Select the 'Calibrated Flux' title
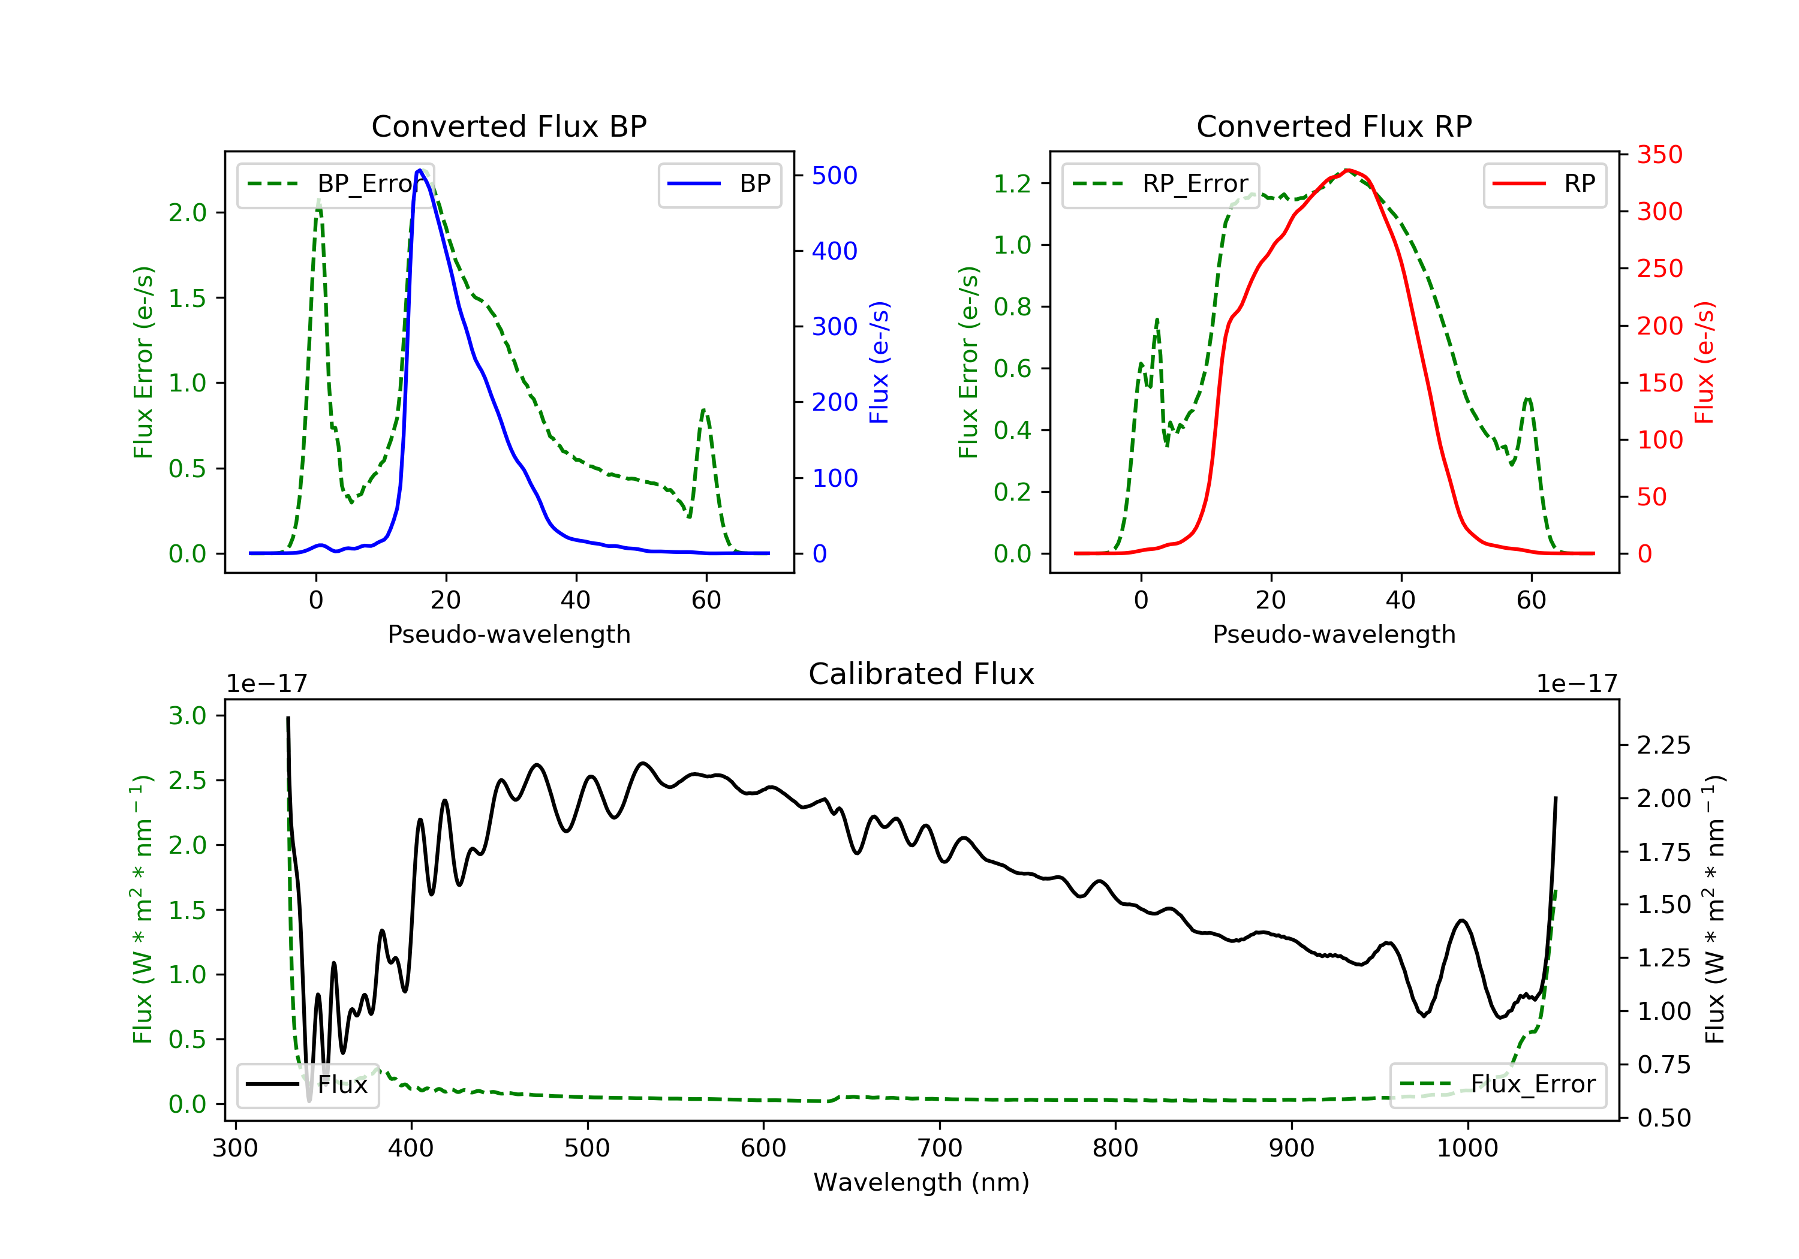click(922, 674)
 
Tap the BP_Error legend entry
click(335, 184)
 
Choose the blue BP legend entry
click(719, 184)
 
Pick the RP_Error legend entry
click(1160, 184)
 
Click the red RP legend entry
click(1544, 184)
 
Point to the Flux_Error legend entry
click(1498, 1085)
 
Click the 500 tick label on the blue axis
click(835, 176)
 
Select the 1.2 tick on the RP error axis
click(1012, 184)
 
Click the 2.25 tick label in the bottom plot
click(1663, 745)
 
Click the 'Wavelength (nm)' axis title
click(922, 1182)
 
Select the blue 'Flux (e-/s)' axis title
click(880, 363)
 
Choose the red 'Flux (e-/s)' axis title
click(1705, 363)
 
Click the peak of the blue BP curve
click(420, 170)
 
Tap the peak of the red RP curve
click(1347, 170)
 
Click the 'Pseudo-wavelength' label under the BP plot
click(509, 634)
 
